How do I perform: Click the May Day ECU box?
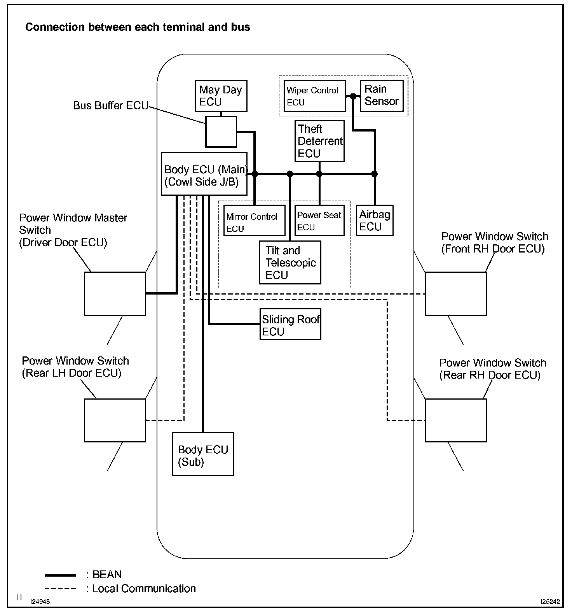coord(221,96)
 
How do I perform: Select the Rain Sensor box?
coord(382,96)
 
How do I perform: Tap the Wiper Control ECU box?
coord(314,96)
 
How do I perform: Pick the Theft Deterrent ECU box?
coord(319,141)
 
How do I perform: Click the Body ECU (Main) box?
coord(204,174)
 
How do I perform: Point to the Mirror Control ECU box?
coord(254,220)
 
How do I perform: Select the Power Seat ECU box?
coord(319,220)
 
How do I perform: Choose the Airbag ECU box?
coord(375,220)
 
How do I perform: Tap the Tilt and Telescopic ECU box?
coord(290,263)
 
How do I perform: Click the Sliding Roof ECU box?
coord(290,324)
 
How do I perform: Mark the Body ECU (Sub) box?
coord(203,454)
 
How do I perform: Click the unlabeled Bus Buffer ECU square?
coord(221,132)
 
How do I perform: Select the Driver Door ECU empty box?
coord(115,293)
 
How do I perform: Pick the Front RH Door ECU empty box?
coord(455,293)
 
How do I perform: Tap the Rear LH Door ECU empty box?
coord(115,420)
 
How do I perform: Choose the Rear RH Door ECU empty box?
coord(455,420)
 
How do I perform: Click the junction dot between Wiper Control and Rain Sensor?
coord(353,96)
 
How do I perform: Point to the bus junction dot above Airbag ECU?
coord(375,174)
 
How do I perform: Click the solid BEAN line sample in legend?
coord(61,575)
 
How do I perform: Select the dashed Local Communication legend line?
coord(61,589)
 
